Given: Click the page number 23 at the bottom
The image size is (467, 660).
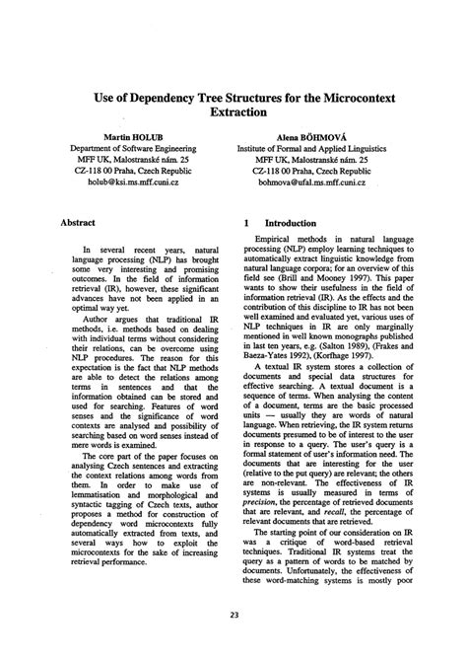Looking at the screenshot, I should [x=233, y=641].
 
